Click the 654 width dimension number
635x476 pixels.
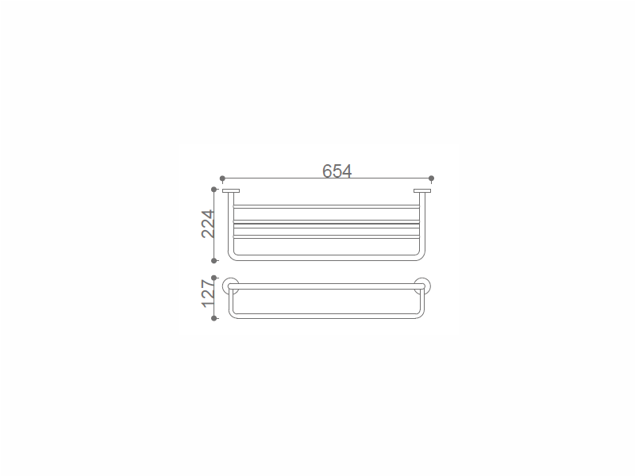[337, 171]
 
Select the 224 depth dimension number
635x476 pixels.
[208, 224]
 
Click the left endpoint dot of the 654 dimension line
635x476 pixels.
[222, 178]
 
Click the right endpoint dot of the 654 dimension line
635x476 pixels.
[431, 178]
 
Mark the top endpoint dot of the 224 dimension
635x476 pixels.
[214, 190]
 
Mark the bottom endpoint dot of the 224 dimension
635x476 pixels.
[214, 261]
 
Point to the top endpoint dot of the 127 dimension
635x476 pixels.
[214, 278]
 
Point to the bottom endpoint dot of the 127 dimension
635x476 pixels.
[214, 319]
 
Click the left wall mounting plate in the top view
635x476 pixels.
[231, 191]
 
